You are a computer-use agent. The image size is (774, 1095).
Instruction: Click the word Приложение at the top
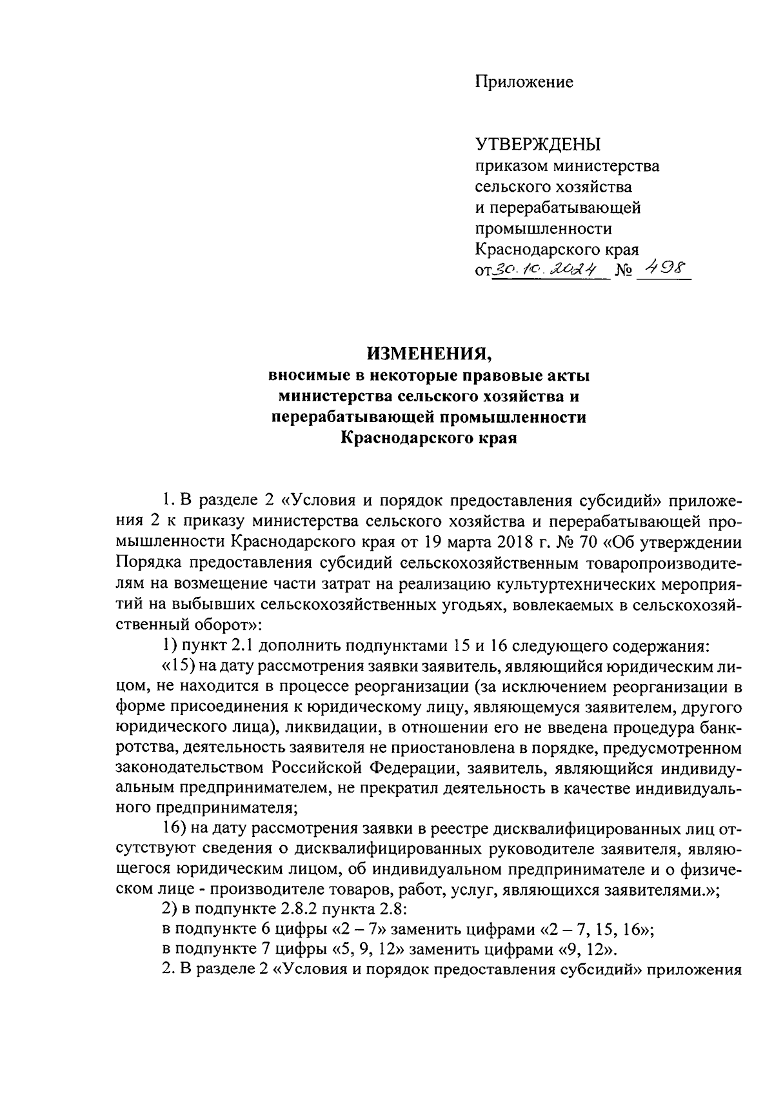tap(524, 83)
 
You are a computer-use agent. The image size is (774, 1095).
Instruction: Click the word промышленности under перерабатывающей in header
tap(543, 229)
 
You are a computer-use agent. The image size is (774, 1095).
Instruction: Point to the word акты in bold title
tap(567, 375)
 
